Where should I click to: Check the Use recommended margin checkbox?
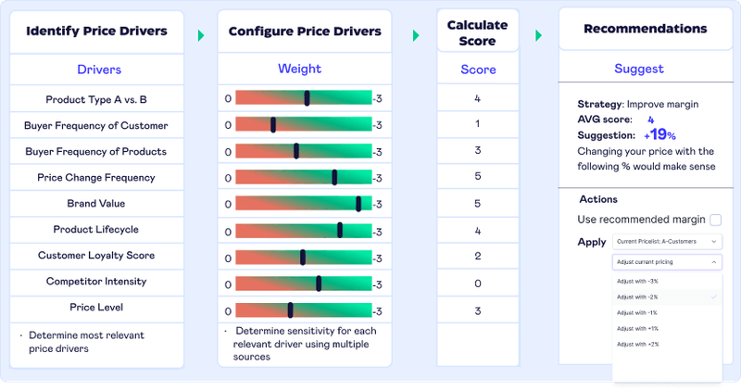point(715,220)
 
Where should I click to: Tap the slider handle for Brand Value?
point(358,203)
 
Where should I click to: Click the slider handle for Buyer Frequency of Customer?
point(273,125)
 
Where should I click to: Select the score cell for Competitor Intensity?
point(477,282)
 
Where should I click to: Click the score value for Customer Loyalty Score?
point(477,256)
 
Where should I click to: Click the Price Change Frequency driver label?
point(96,178)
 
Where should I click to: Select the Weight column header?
point(299,69)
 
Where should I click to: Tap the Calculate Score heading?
point(477,32)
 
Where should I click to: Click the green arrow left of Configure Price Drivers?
point(201,35)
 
